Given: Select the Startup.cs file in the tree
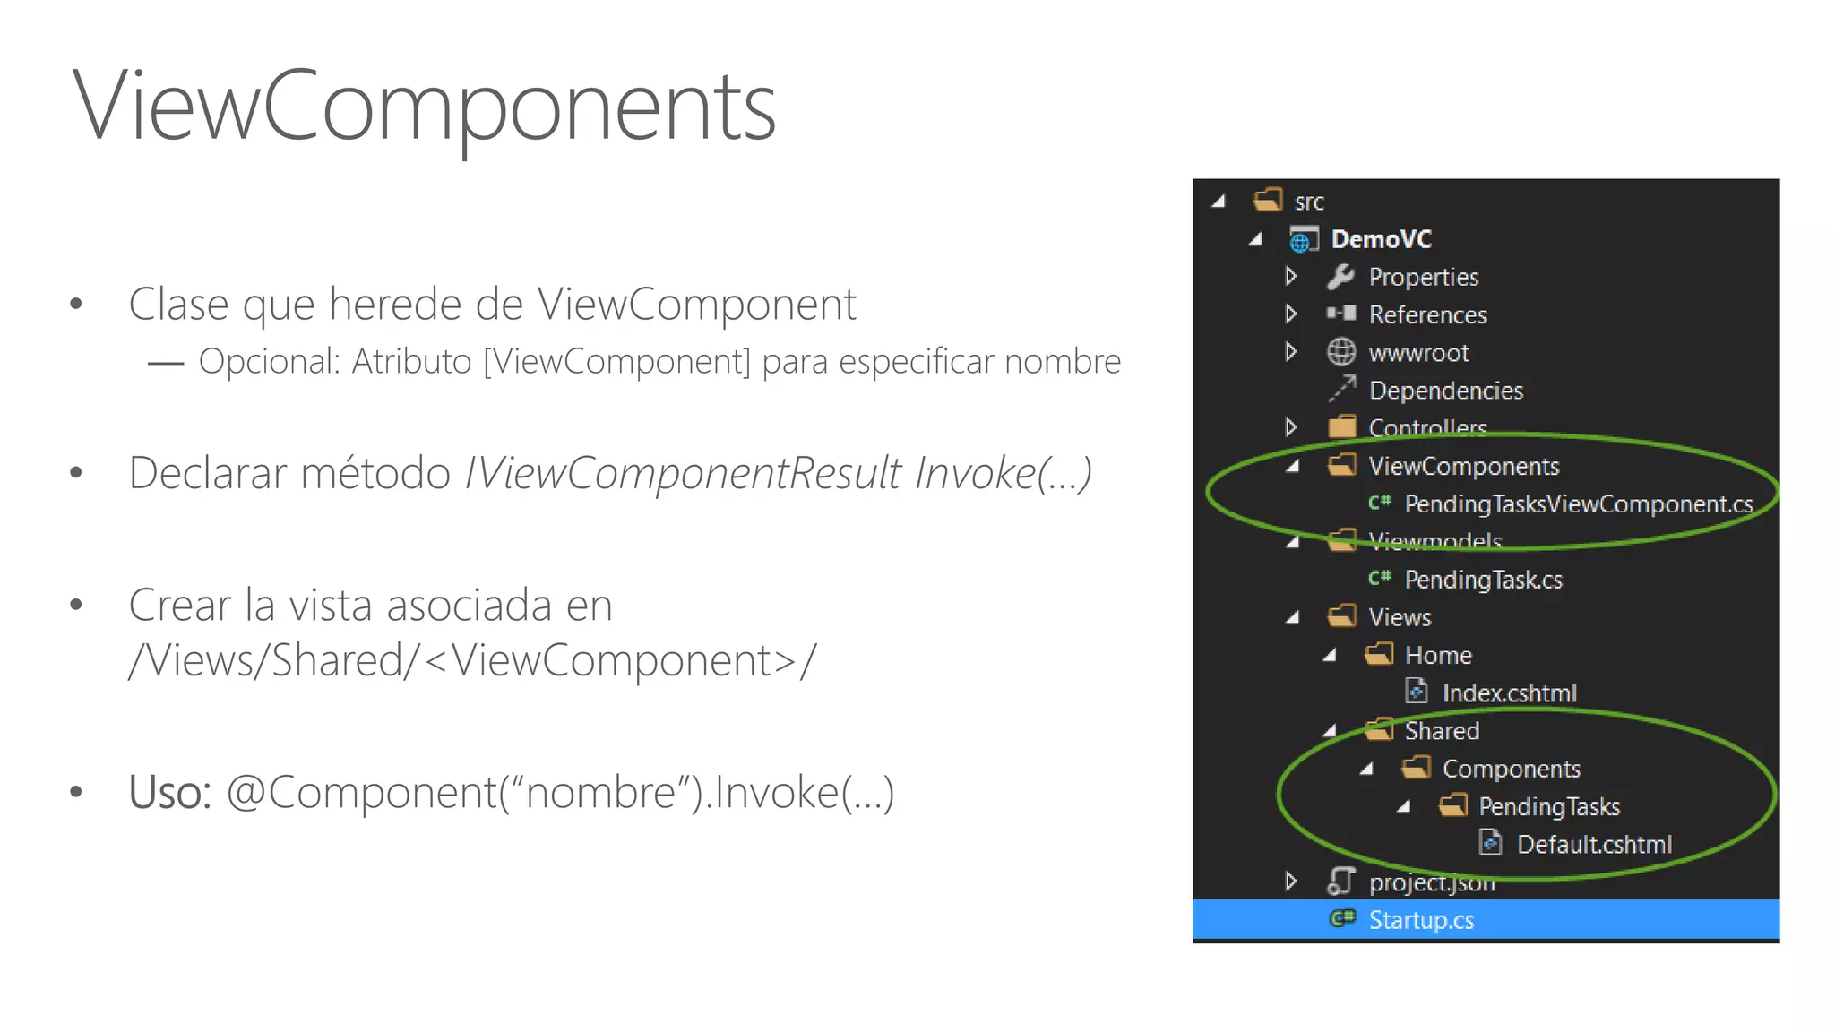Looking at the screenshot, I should tap(1421, 920).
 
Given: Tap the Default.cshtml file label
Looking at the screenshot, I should tap(1594, 845).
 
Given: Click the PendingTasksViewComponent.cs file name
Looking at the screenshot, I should tap(1579, 504).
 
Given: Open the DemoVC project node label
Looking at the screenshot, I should tap(1381, 239).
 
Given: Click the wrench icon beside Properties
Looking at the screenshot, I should tap(1340, 277).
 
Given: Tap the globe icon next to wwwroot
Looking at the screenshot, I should tap(1340, 352).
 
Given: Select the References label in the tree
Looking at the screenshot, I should tap(1427, 315).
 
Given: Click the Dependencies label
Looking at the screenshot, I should tap(1445, 391).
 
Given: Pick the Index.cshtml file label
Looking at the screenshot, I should tap(1509, 693).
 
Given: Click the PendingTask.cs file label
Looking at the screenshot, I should tap(1483, 580).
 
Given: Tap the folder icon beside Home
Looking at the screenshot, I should tap(1379, 655).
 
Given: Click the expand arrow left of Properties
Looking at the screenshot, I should tap(1290, 276).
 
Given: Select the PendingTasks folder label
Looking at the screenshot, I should tap(1549, 807).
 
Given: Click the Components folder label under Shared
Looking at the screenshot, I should tap(1511, 769).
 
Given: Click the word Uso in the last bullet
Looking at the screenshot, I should tap(169, 793).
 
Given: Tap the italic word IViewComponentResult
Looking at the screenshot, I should tap(683, 473).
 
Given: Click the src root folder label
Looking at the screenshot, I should tap(1308, 202).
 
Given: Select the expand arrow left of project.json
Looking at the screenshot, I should tap(1290, 881).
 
